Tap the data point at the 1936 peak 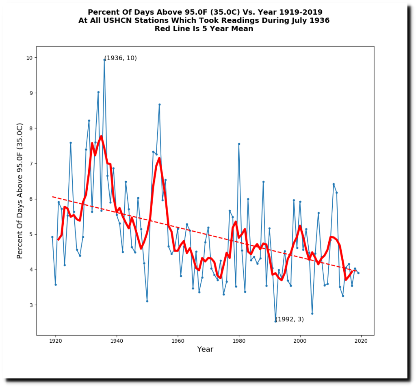[x=104, y=60]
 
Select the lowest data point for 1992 [x=275, y=321]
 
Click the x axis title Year [x=205, y=349]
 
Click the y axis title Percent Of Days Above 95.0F [x=20, y=191]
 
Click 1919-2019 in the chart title [x=297, y=12]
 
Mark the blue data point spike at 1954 [x=160, y=104]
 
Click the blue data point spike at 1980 [x=239, y=144]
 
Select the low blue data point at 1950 [x=147, y=301]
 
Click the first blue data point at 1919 [x=52, y=237]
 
